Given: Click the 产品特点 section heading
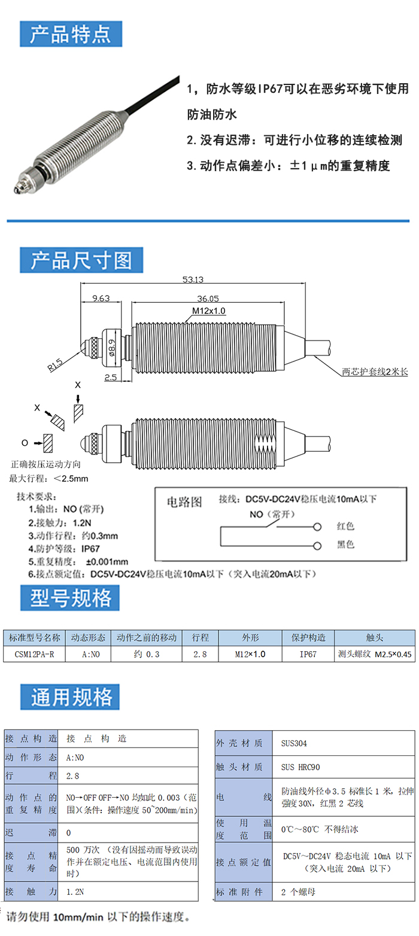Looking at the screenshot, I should click(71, 34).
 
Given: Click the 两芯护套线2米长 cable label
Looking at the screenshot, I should click(374, 372).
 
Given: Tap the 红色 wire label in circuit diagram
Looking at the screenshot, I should click(345, 527).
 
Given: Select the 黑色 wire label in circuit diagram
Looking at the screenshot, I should click(345, 545).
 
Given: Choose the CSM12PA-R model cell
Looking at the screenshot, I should click(34, 654).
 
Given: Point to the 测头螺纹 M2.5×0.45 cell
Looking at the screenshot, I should click(375, 654).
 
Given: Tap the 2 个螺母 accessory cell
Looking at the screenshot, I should click(299, 892).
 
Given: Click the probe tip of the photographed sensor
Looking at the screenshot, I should click(16, 190).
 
